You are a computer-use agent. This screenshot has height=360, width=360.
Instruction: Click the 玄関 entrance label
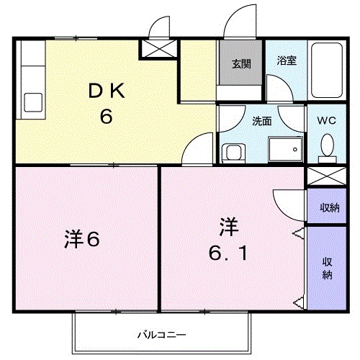240,63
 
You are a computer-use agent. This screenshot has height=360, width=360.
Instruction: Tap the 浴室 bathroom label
287,60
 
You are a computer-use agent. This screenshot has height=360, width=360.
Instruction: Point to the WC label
327,122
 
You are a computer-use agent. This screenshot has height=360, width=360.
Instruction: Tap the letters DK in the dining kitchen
107,91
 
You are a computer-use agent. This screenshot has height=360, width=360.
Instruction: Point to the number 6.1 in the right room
229,253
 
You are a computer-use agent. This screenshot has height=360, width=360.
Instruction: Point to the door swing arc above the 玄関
238,24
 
